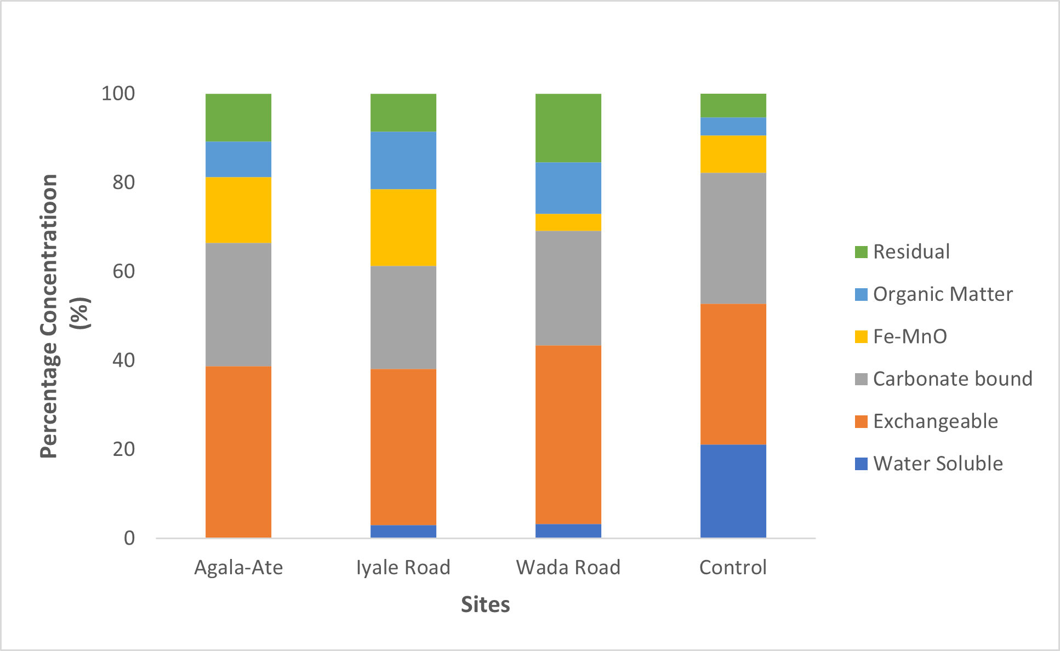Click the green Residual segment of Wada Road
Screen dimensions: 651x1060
568,128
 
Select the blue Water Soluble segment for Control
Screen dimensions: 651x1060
733,491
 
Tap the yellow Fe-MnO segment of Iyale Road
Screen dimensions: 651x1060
403,227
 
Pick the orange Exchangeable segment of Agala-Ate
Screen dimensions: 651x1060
238,452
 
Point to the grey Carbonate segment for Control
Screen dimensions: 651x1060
733,238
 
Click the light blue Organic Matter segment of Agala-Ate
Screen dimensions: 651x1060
238,159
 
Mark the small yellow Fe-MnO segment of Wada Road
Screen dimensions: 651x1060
568,222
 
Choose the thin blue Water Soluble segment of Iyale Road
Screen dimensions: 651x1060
403,532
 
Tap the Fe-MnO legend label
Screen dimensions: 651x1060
910,336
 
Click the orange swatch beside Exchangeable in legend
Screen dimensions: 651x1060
861,421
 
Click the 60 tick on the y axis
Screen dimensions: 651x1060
123,271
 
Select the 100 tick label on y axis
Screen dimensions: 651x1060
118,94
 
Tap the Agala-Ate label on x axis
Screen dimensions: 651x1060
238,567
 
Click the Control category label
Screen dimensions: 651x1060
733,567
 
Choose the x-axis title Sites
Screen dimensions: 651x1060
485,604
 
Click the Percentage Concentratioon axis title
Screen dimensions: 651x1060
49,316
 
